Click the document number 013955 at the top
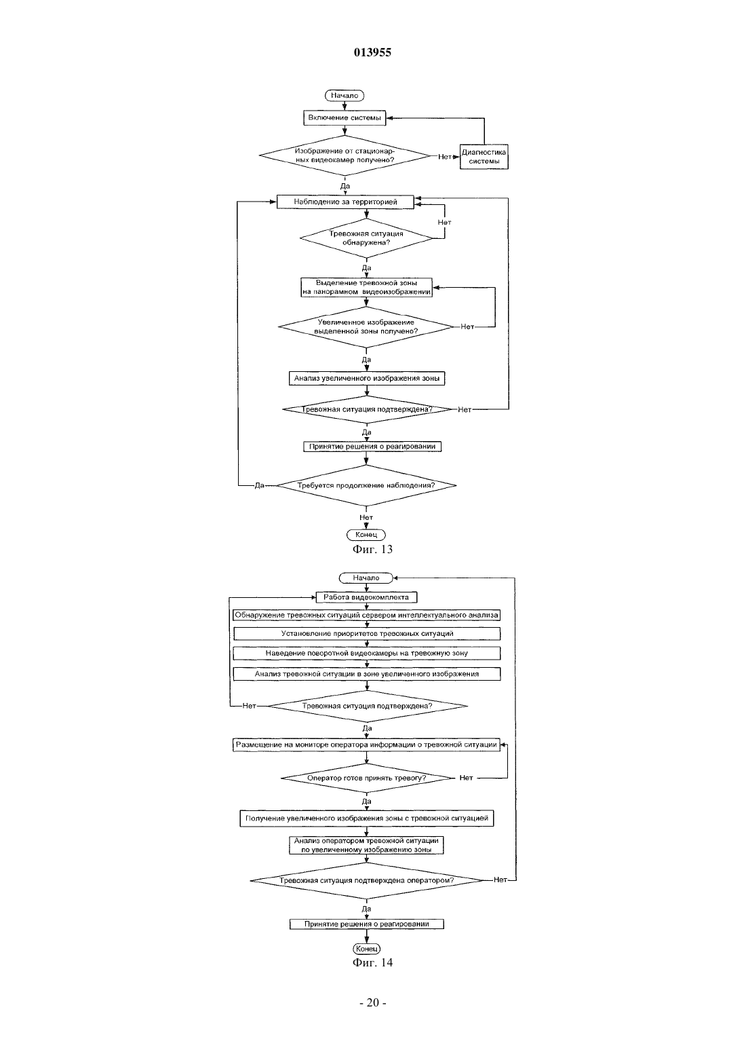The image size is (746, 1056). pos(372,52)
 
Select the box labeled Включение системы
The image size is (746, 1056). pos(345,118)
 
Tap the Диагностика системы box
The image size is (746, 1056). pos(484,157)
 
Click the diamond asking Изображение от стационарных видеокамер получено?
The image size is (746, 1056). pos(345,155)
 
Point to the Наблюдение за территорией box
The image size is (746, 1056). pos(345,202)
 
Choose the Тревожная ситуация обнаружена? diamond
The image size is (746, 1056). pos(366,238)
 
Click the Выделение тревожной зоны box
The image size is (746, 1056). pos(366,288)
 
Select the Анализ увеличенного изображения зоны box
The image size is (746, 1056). pos(367,379)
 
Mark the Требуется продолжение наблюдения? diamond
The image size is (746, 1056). pos(366,485)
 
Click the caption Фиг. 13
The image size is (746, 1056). pos(372,549)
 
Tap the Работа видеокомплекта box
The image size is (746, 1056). pos(366,597)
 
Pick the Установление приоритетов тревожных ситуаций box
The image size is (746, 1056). pos(367,634)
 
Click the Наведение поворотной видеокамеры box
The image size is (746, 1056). pos(367,654)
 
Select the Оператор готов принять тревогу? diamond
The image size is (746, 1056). pos(367,778)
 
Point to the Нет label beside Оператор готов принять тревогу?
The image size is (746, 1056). pos(466,778)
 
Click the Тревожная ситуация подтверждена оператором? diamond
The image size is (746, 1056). pos(367,880)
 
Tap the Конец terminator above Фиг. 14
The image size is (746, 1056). pos(366,949)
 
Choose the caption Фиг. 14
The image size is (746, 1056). pos(372,962)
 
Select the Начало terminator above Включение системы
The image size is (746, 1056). pos(345,96)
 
